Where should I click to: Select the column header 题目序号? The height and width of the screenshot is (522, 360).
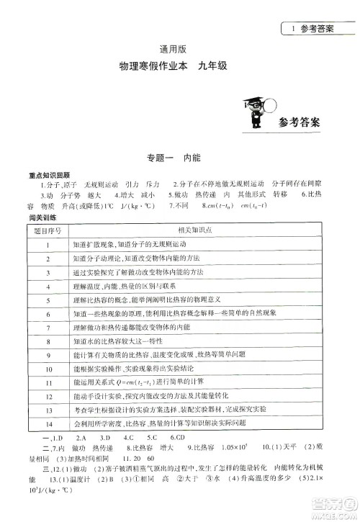pos(48,231)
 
